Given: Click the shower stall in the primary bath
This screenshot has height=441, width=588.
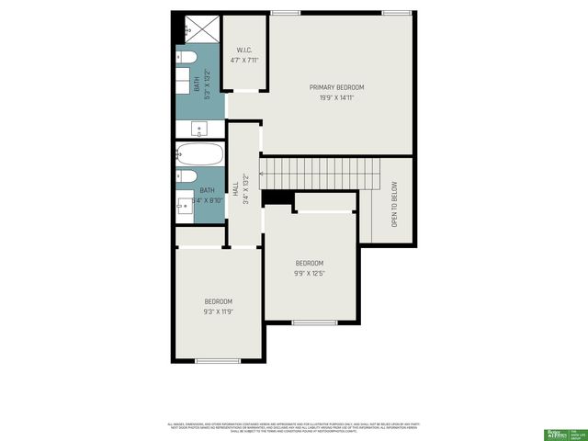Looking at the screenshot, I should (201, 29).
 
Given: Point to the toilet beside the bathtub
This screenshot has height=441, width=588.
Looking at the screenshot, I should (185, 176).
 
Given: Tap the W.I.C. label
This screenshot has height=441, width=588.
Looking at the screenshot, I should (244, 50).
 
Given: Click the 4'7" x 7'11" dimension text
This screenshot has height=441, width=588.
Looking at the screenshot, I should (244, 61).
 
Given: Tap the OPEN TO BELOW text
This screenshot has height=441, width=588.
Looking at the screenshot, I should (395, 203).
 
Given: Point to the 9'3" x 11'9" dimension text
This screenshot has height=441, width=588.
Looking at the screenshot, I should (219, 311).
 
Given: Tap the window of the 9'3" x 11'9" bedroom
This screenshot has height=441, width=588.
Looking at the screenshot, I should (218, 361).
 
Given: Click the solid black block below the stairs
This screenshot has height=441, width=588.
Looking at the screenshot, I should (277, 198).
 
